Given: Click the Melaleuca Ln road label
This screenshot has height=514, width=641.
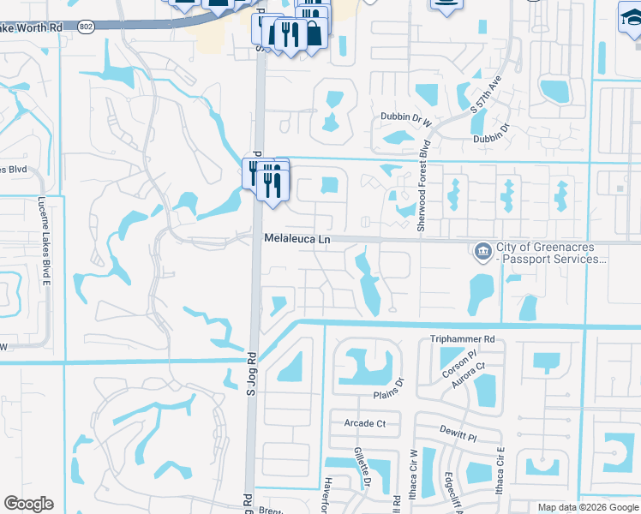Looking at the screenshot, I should (297, 240).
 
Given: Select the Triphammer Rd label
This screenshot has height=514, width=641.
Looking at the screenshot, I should (463, 339).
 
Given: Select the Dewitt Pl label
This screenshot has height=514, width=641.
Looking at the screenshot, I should (460, 436).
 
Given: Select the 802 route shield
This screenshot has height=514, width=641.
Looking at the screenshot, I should (85, 27).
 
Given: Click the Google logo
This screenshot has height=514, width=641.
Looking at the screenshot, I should (28, 504).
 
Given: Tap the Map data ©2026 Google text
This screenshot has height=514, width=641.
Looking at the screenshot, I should (587, 507).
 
